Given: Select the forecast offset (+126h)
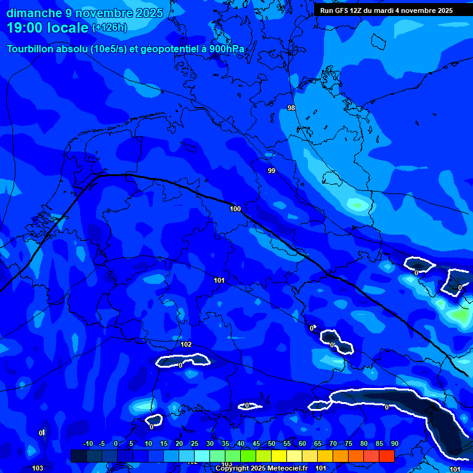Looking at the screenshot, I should coord(110,28).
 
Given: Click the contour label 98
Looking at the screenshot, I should coord(291,108).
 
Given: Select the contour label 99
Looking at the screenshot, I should coord(272,171).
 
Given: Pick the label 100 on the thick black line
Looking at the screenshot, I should coord(235,209).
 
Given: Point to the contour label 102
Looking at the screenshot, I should coord(187,344).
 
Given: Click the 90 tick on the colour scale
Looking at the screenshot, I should coord(394,443).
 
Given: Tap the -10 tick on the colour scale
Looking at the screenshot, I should coord(88,443).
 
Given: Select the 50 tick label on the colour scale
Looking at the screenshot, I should coord(272,443).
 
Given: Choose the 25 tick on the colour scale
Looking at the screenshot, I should coord(195,443).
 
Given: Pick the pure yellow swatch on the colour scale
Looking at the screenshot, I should coord(279,456).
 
